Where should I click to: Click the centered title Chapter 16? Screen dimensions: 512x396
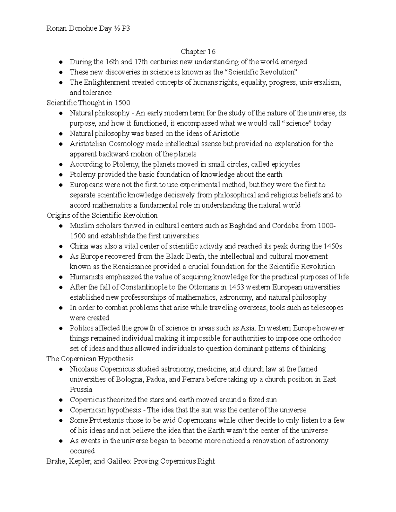[x=198, y=52]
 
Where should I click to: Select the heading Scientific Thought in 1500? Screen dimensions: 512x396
[x=88, y=103]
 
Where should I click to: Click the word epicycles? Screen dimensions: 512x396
[x=285, y=164]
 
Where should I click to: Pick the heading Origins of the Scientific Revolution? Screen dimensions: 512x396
[x=102, y=215]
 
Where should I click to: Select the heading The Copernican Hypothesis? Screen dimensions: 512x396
[x=90, y=359]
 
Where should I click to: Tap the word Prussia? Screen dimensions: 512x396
[x=81, y=389]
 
